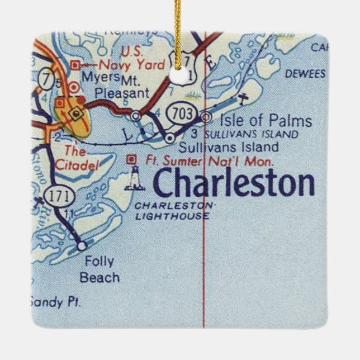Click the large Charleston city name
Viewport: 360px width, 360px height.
[x=234, y=183]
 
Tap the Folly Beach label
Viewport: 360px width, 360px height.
[x=100, y=269]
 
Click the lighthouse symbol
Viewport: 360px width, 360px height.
[x=134, y=178]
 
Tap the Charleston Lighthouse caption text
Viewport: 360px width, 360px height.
[x=173, y=211]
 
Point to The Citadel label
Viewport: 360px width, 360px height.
[x=77, y=158]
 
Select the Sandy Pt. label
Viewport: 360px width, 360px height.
[x=56, y=302]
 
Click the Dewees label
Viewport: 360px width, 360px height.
[x=305, y=74]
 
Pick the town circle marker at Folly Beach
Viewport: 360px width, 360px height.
[x=82, y=245]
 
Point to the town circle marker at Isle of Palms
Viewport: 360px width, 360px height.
[x=206, y=117]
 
